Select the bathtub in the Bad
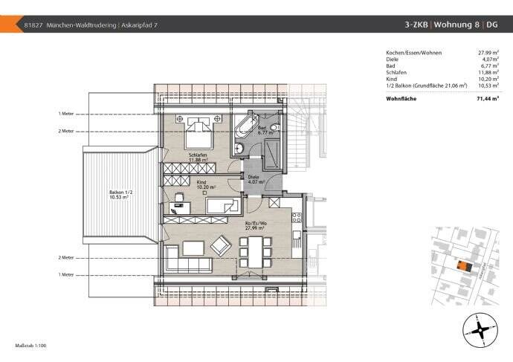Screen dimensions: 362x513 (245, 127)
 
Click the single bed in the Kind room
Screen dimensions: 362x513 (222, 205)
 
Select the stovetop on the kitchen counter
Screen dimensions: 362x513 (296, 219)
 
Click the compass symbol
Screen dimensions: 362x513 (478, 327)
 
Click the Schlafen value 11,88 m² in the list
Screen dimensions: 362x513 (487, 71)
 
